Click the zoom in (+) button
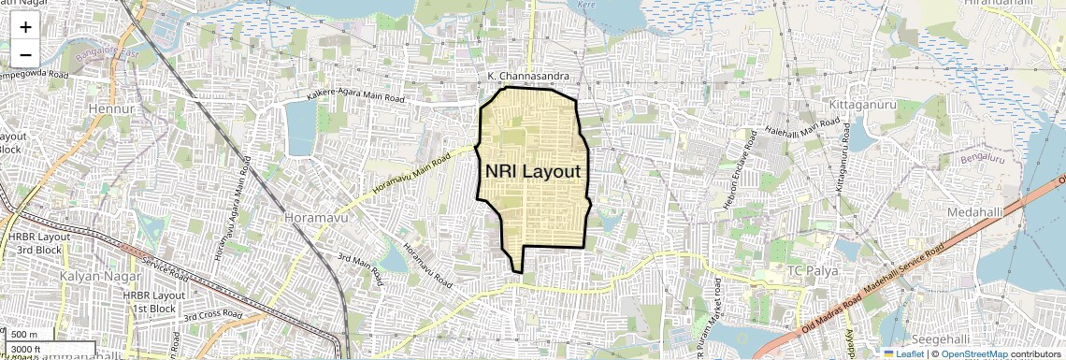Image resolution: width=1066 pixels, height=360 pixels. click(25, 27)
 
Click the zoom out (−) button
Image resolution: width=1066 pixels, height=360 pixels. click(25, 53)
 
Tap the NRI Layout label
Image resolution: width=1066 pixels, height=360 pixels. click(533, 172)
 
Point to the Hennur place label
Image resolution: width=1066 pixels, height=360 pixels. click(111, 109)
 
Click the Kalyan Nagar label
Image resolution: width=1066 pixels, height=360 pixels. click(99, 277)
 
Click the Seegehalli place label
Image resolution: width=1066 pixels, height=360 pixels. click(938, 338)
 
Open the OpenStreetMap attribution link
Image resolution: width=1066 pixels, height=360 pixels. click(973, 354)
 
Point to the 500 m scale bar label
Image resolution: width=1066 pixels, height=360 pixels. click(25, 335)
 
